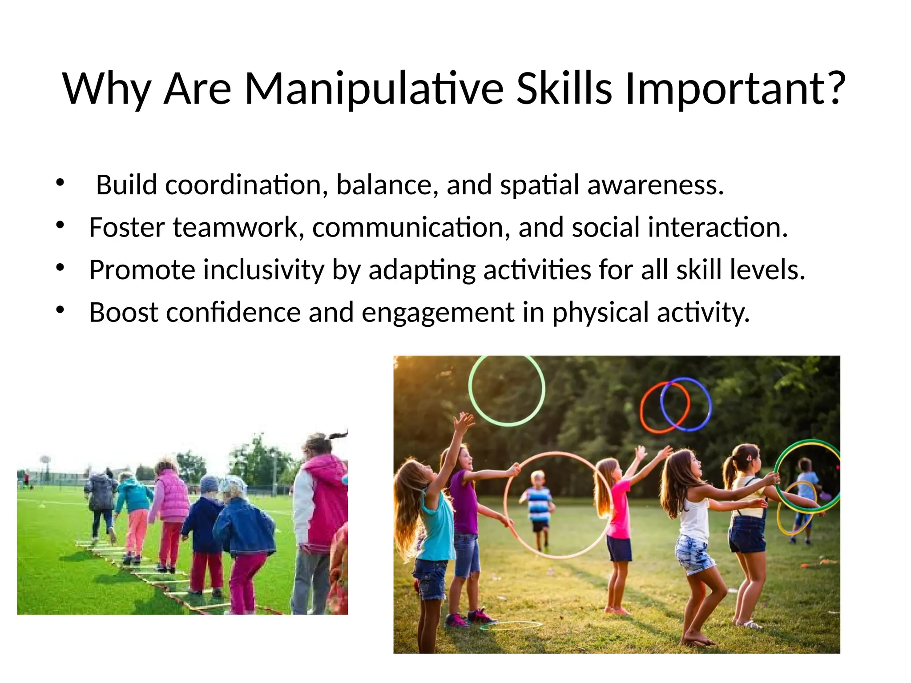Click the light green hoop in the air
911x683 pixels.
tap(507, 390)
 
